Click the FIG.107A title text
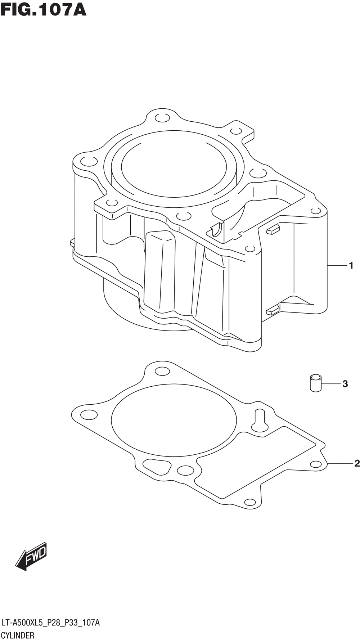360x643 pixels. point(44,10)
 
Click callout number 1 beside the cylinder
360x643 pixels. point(351,266)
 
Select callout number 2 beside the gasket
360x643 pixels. point(357,463)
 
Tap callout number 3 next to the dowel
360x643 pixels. point(345,384)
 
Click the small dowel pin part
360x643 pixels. point(316,383)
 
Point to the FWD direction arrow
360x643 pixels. point(31,557)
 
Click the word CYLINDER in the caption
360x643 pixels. point(18,635)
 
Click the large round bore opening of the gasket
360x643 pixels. point(174,420)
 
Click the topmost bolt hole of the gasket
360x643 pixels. point(162,371)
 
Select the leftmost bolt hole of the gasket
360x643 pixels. point(89,415)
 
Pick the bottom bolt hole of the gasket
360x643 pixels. point(250,502)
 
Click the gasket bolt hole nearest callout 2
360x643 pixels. point(316,464)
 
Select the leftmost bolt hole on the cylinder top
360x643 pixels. point(89,161)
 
